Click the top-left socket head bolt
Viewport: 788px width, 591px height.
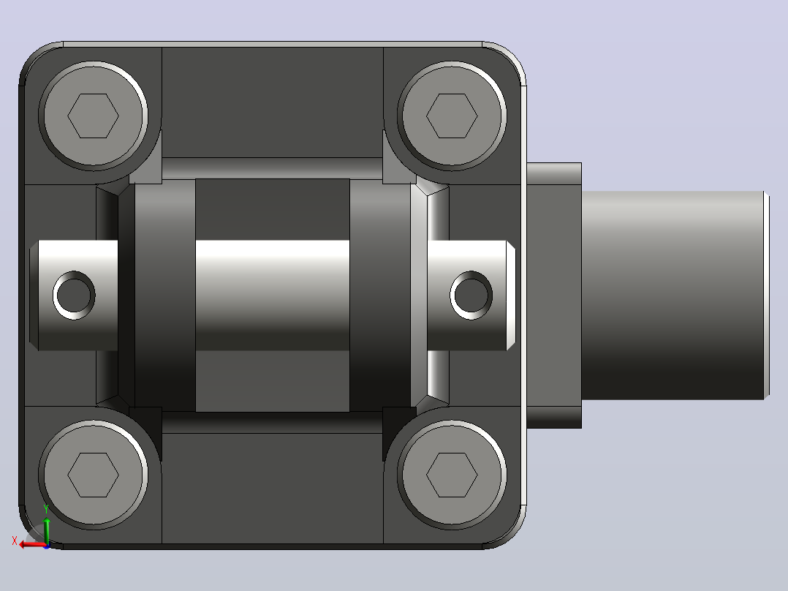(x=94, y=116)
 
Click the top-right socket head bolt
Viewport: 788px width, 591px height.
(x=452, y=116)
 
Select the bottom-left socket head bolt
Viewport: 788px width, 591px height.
(x=94, y=475)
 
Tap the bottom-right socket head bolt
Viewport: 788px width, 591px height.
(x=452, y=475)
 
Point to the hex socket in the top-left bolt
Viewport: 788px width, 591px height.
(x=94, y=116)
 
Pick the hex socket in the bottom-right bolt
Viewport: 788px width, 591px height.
(x=452, y=475)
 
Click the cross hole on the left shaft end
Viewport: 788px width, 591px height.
(x=74, y=295)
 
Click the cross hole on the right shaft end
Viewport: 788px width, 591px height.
(x=471, y=295)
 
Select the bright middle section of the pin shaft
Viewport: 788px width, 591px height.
(x=273, y=295)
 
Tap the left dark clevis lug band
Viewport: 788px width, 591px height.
(x=165, y=295)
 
